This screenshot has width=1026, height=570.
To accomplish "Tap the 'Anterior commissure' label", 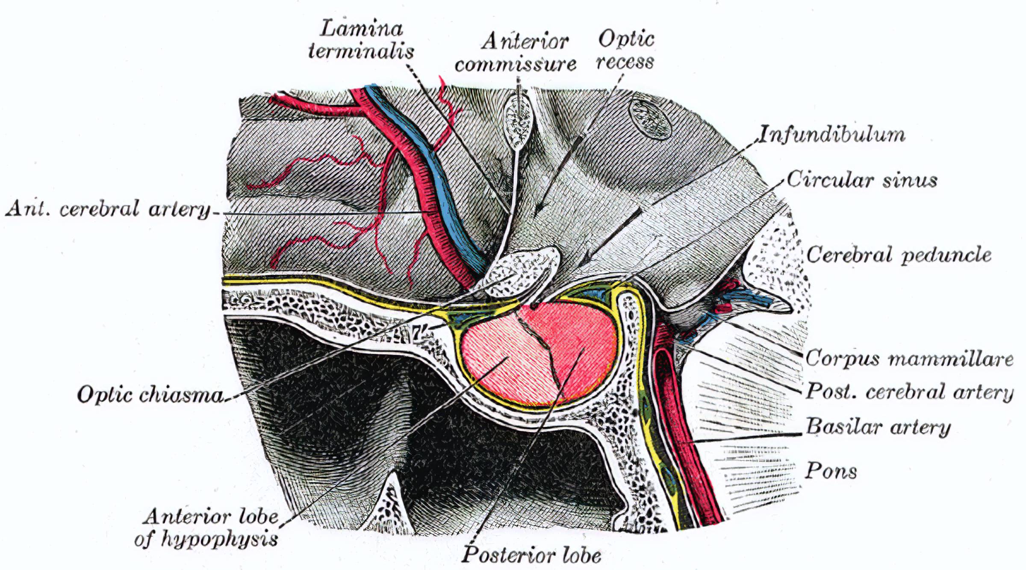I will pos(516,53).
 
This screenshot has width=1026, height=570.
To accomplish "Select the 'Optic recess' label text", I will pos(625,50).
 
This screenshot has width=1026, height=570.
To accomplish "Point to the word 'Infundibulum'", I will pos(832,134).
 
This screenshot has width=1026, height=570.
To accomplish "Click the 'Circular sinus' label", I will pos(862,180).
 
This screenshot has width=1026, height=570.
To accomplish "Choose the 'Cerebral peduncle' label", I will pos(899,255).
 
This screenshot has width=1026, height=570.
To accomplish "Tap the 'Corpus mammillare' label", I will pos(909,358).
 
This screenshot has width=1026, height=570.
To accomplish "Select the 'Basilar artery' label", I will pos(878,427).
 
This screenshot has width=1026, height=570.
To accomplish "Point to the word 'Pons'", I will pos(831,471).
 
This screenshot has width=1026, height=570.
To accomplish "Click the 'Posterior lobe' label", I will pos(531,555).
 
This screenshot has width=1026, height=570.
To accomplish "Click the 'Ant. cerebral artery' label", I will pos(108,210).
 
